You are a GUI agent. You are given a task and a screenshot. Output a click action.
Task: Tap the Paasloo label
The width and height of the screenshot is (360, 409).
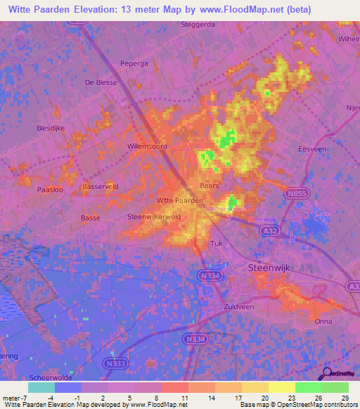point(51,190)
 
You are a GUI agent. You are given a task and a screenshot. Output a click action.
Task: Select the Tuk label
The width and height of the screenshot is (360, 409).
point(217,243)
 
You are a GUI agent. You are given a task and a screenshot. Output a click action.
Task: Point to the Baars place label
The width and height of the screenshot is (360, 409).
point(210,186)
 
